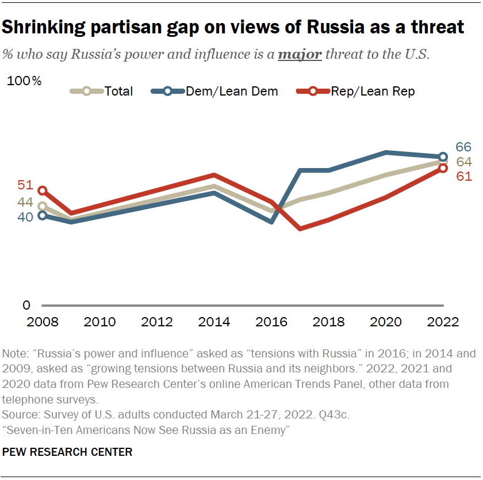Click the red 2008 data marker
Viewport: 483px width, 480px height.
pos(42,191)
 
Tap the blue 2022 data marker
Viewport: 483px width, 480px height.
pos(443,157)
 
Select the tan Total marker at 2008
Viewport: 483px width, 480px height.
pos(42,206)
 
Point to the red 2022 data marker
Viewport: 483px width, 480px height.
pos(443,168)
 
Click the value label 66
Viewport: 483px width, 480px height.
pos(463,147)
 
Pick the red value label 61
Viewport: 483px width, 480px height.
pos(463,176)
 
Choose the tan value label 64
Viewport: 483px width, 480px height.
pos(464,162)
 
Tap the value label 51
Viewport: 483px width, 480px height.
pos(25,185)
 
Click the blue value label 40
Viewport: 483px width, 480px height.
pos(25,217)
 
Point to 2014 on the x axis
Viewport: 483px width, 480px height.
pos(214,322)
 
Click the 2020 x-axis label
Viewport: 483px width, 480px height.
pos(385,322)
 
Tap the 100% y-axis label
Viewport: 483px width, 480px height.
pos(24,81)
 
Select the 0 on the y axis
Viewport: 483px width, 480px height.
pos(26,306)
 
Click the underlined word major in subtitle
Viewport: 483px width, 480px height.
pos(300,55)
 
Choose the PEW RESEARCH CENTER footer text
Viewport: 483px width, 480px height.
pos(67,452)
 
